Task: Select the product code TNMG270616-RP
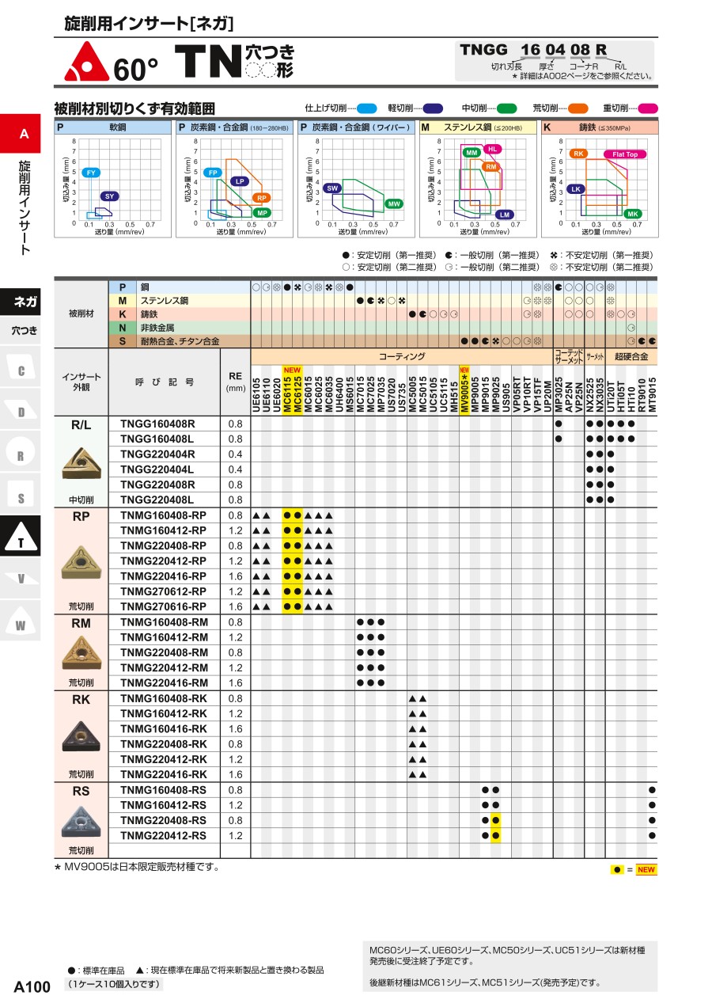tap(163, 607)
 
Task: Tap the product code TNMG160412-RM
tap(164, 637)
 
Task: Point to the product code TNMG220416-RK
tap(164, 775)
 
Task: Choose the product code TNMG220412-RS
tap(163, 836)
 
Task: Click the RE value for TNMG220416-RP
tap(235, 576)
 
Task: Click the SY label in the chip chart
tap(110, 196)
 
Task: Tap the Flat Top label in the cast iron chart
tap(625, 154)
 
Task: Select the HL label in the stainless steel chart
tap(491, 149)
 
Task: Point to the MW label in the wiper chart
tap(393, 204)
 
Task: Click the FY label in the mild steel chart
tap(91, 173)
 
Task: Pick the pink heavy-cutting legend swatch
tap(648, 108)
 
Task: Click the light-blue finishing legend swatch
tap(366, 108)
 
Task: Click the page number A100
tap(32, 986)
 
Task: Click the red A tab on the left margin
tap(24, 134)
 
